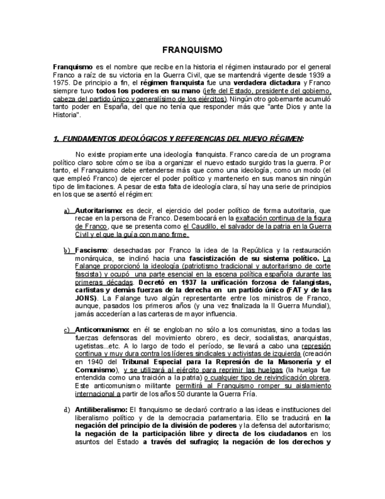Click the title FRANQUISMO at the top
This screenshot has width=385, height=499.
[x=192, y=50]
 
